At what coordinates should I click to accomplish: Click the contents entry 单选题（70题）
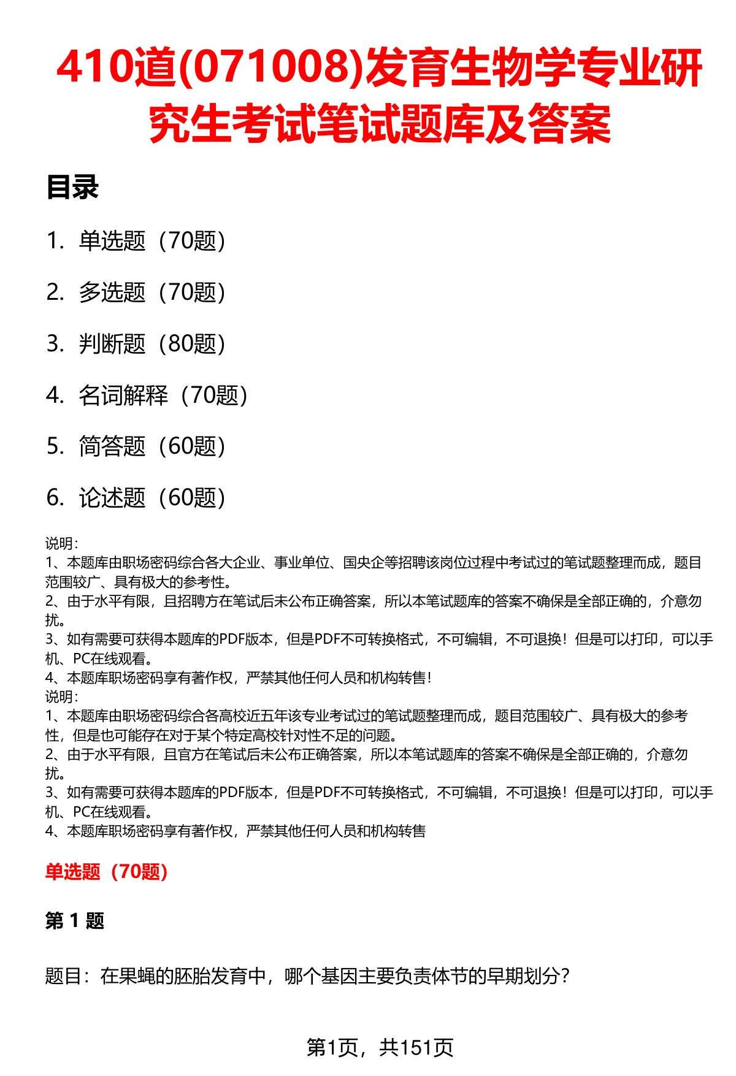click(x=152, y=241)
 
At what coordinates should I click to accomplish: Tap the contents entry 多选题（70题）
click(x=152, y=292)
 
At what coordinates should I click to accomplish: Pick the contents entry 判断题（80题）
click(x=152, y=344)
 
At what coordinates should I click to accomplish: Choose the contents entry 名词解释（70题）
click(x=163, y=395)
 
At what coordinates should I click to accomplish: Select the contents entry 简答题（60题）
click(x=152, y=446)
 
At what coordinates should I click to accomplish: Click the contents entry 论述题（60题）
click(x=152, y=498)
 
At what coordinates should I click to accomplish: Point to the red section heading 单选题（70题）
click(x=107, y=872)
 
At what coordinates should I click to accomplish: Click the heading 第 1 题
click(x=75, y=921)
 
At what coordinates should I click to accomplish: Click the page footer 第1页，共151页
click(x=380, y=1047)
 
